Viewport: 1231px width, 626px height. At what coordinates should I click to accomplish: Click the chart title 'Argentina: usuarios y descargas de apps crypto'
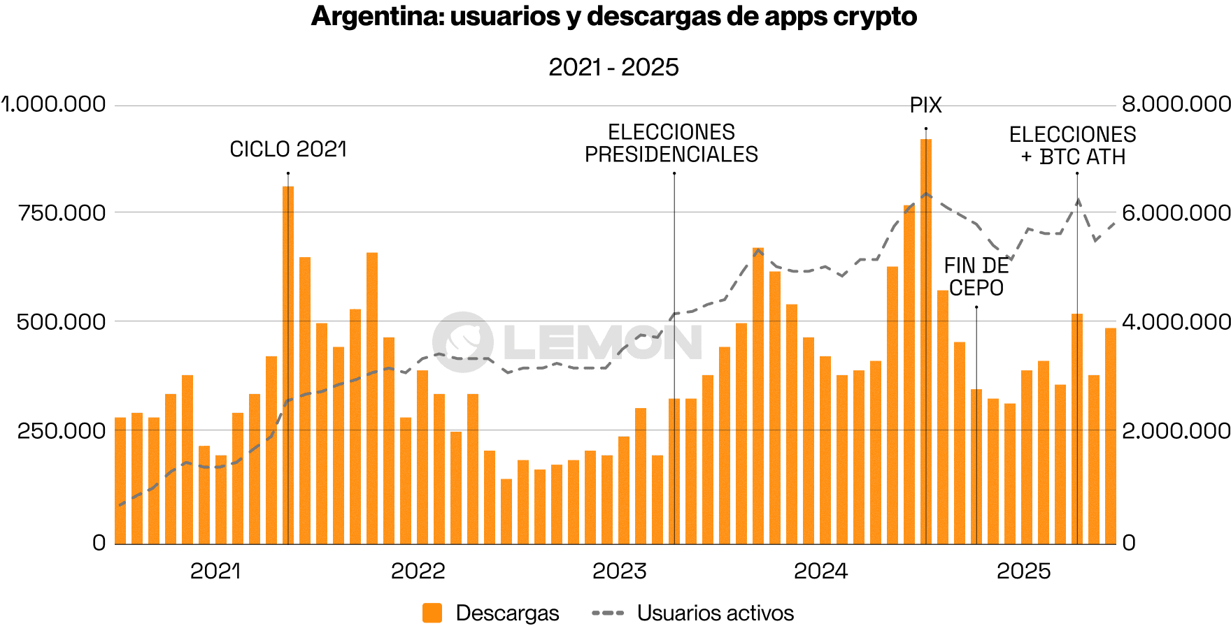[x=613, y=17]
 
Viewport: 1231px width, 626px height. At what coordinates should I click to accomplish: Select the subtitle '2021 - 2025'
[x=613, y=67]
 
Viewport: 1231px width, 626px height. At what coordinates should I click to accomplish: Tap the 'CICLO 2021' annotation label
[x=288, y=150]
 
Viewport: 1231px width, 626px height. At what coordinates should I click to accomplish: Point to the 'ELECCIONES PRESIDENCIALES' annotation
[x=671, y=143]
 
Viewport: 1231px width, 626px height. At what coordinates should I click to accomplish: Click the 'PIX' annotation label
[x=925, y=105]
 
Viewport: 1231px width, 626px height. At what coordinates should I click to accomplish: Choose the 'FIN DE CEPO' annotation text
[x=976, y=277]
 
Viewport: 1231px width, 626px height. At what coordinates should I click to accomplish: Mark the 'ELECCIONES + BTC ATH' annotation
[x=1073, y=145]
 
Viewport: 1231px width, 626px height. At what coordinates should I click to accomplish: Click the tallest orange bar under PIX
[x=926, y=342]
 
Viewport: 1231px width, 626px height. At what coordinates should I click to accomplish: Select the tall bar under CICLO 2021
[x=288, y=363]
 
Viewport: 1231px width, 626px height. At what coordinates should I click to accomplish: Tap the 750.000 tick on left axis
[x=62, y=212]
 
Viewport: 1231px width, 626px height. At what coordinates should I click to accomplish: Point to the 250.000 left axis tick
[x=62, y=430]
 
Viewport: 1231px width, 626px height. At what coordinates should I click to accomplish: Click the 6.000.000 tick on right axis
[x=1176, y=212]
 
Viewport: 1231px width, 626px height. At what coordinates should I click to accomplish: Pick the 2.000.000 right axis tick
[x=1176, y=430]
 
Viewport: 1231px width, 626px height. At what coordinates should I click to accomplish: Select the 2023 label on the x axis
[x=619, y=571]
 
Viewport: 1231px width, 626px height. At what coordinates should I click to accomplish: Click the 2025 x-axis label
[x=1023, y=571]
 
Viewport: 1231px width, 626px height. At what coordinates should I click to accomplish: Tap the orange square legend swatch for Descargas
[x=432, y=613]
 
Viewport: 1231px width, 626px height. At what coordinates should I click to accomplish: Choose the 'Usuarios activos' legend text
[x=716, y=613]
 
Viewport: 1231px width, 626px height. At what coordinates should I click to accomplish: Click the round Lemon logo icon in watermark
[x=462, y=342]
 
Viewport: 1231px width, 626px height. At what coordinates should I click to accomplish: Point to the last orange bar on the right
[x=1111, y=436]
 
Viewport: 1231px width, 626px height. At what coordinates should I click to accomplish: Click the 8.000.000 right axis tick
[x=1176, y=104]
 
